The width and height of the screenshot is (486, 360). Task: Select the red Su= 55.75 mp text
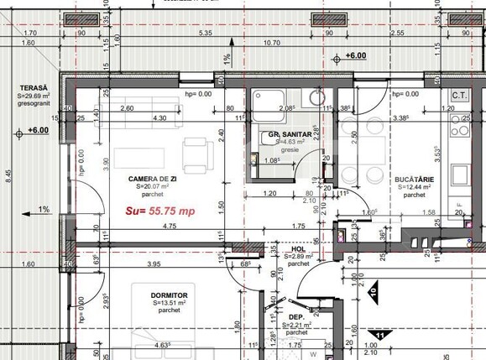coord(160,211)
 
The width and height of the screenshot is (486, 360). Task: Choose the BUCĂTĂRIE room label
coord(413,179)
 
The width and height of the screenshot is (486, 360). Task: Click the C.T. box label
coord(459,96)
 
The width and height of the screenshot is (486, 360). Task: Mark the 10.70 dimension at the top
coord(271,42)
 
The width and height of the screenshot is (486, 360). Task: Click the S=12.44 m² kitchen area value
coord(413,187)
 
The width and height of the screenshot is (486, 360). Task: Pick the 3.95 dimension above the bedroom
coord(154,265)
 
